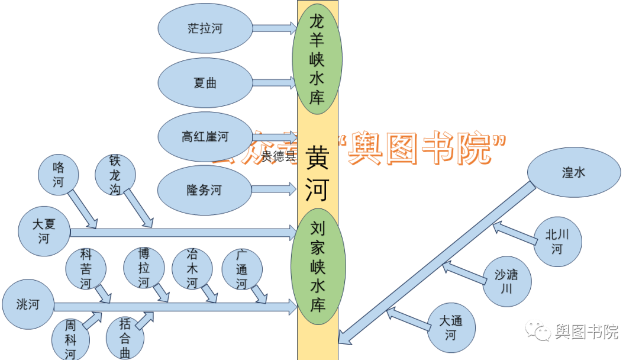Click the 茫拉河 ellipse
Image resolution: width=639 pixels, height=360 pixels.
[x=205, y=28]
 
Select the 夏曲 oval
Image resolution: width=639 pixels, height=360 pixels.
[x=205, y=83]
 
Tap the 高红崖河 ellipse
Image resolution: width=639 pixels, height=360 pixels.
[x=205, y=137]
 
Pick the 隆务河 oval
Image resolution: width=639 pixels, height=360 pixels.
[x=204, y=190]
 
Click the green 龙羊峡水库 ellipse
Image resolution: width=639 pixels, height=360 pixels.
[x=317, y=59]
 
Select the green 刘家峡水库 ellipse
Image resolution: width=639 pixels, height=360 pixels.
[x=318, y=266]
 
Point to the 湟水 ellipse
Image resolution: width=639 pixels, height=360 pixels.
[x=573, y=172]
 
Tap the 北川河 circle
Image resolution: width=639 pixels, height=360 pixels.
[x=557, y=242]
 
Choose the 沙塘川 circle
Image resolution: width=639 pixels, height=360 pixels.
[x=506, y=281]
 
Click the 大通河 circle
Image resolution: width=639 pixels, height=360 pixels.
[x=451, y=327]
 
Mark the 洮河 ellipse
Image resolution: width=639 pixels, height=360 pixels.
[x=28, y=305]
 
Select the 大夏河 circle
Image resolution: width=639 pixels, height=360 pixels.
[x=44, y=232]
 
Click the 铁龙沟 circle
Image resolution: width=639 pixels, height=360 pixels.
[x=115, y=175]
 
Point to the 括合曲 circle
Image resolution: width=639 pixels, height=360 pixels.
[x=125, y=338]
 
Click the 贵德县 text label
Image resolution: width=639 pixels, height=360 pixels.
[x=278, y=156]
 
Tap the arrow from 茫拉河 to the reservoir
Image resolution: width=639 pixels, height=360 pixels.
[x=275, y=28]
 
